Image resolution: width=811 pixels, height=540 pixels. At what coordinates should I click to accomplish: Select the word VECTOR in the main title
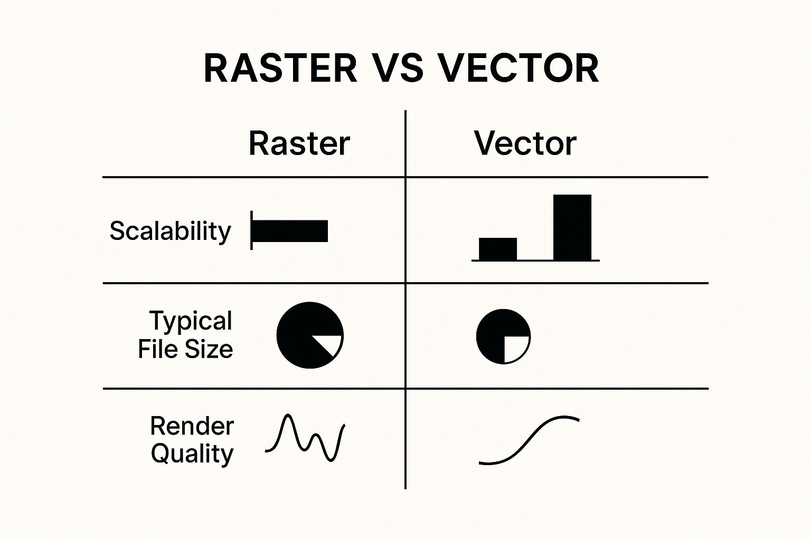pos(520,69)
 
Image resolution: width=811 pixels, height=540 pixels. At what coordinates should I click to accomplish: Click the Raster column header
pos(299,143)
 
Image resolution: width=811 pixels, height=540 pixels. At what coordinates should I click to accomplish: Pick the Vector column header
pos(525,143)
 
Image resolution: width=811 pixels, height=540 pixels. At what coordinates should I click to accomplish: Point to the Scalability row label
pos(170,231)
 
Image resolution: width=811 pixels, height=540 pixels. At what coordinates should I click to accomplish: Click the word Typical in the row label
pos(191,321)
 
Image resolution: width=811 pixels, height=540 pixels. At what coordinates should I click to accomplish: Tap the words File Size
pos(185,349)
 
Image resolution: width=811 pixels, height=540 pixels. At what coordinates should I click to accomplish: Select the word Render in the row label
pos(192,426)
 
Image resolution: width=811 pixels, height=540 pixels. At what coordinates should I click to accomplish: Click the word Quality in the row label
pos(192,454)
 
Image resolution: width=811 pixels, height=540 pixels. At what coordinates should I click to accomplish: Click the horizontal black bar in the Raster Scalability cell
pos(290,231)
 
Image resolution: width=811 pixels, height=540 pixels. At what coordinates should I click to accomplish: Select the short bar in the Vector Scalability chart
pos(497,249)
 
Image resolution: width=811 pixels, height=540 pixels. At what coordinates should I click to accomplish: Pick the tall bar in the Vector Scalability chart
pos(572,227)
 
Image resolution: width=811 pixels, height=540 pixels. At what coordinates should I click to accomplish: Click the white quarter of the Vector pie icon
pos(515,348)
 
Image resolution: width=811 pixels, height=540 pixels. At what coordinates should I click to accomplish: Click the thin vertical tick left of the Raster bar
pos(251,230)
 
